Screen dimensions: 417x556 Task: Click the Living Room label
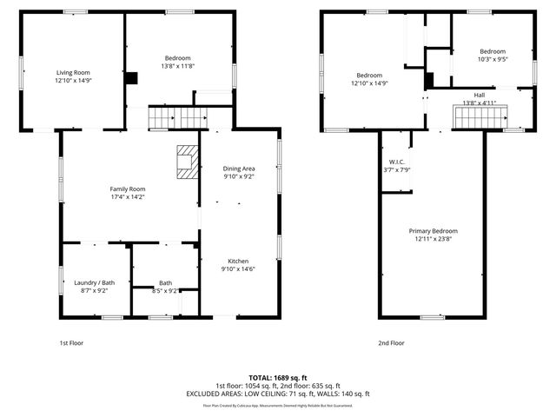74,72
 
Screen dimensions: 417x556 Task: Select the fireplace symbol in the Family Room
187,162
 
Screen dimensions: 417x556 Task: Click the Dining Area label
239,169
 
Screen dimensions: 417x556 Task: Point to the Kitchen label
239,261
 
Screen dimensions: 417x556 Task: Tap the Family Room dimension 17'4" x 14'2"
127,197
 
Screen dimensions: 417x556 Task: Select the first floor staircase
174,116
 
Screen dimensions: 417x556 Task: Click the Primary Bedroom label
434,230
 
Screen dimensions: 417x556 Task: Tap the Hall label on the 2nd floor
480,95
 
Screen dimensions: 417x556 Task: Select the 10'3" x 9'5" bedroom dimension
493,59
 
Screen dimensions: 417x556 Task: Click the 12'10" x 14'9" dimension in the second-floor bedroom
369,83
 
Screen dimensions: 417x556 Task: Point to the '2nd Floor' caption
391,343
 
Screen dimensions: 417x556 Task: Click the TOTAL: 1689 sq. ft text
278,377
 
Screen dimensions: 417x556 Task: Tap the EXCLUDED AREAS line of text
278,394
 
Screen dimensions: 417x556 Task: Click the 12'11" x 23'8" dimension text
434,239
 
